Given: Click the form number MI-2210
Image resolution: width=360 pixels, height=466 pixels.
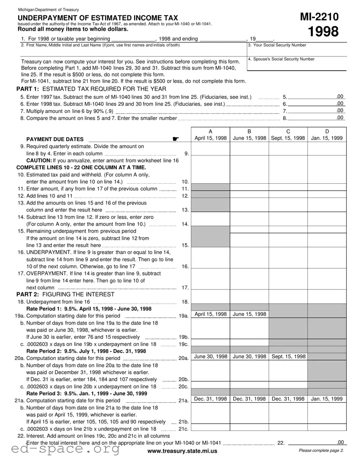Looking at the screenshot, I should [319, 17].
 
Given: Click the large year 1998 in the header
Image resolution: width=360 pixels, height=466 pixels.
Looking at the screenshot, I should [323, 32].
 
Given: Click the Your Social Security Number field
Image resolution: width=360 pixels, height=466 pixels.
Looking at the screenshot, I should [297, 50].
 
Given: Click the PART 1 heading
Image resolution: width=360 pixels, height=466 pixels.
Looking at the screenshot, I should [91, 89].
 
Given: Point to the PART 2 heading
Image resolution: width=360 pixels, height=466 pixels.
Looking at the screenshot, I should [65, 294].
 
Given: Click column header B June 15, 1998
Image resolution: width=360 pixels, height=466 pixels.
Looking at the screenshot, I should [249, 135].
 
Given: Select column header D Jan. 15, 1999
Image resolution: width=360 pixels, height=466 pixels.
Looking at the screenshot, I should [327, 135].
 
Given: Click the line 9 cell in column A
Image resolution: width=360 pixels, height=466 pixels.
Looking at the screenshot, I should [210, 149].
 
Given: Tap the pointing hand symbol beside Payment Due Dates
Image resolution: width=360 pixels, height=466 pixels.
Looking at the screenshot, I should [175, 139].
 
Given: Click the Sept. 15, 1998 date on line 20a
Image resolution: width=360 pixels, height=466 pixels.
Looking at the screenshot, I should [288, 357].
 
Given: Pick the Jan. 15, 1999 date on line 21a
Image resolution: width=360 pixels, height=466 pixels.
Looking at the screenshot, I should [327, 399].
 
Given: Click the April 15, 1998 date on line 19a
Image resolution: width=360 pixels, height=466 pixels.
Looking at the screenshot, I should [210, 314].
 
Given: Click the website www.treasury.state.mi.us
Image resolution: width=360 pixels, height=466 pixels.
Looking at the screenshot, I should [182, 451].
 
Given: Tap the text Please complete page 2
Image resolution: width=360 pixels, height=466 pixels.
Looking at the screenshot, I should [321, 451].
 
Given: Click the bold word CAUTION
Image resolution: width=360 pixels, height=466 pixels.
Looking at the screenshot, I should [39, 160].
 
